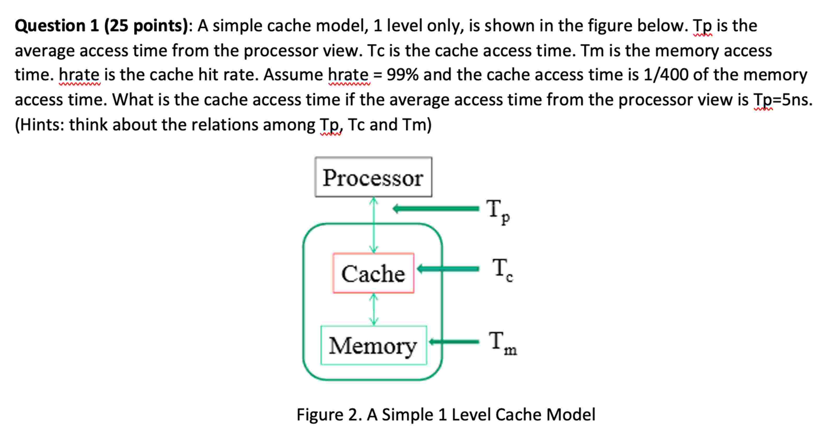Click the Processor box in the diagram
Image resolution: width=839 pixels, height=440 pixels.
[x=373, y=177]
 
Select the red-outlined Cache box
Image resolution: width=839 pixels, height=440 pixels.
[x=373, y=273]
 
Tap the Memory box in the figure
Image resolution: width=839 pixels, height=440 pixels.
[x=373, y=345]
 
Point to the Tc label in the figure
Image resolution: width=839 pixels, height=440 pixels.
[x=502, y=270]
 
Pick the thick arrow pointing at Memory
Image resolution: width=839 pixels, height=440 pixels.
[x=454, y=341]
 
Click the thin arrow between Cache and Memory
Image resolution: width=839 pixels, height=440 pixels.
[x=374, y=309]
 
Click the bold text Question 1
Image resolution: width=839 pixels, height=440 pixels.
[x=57, y=26]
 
